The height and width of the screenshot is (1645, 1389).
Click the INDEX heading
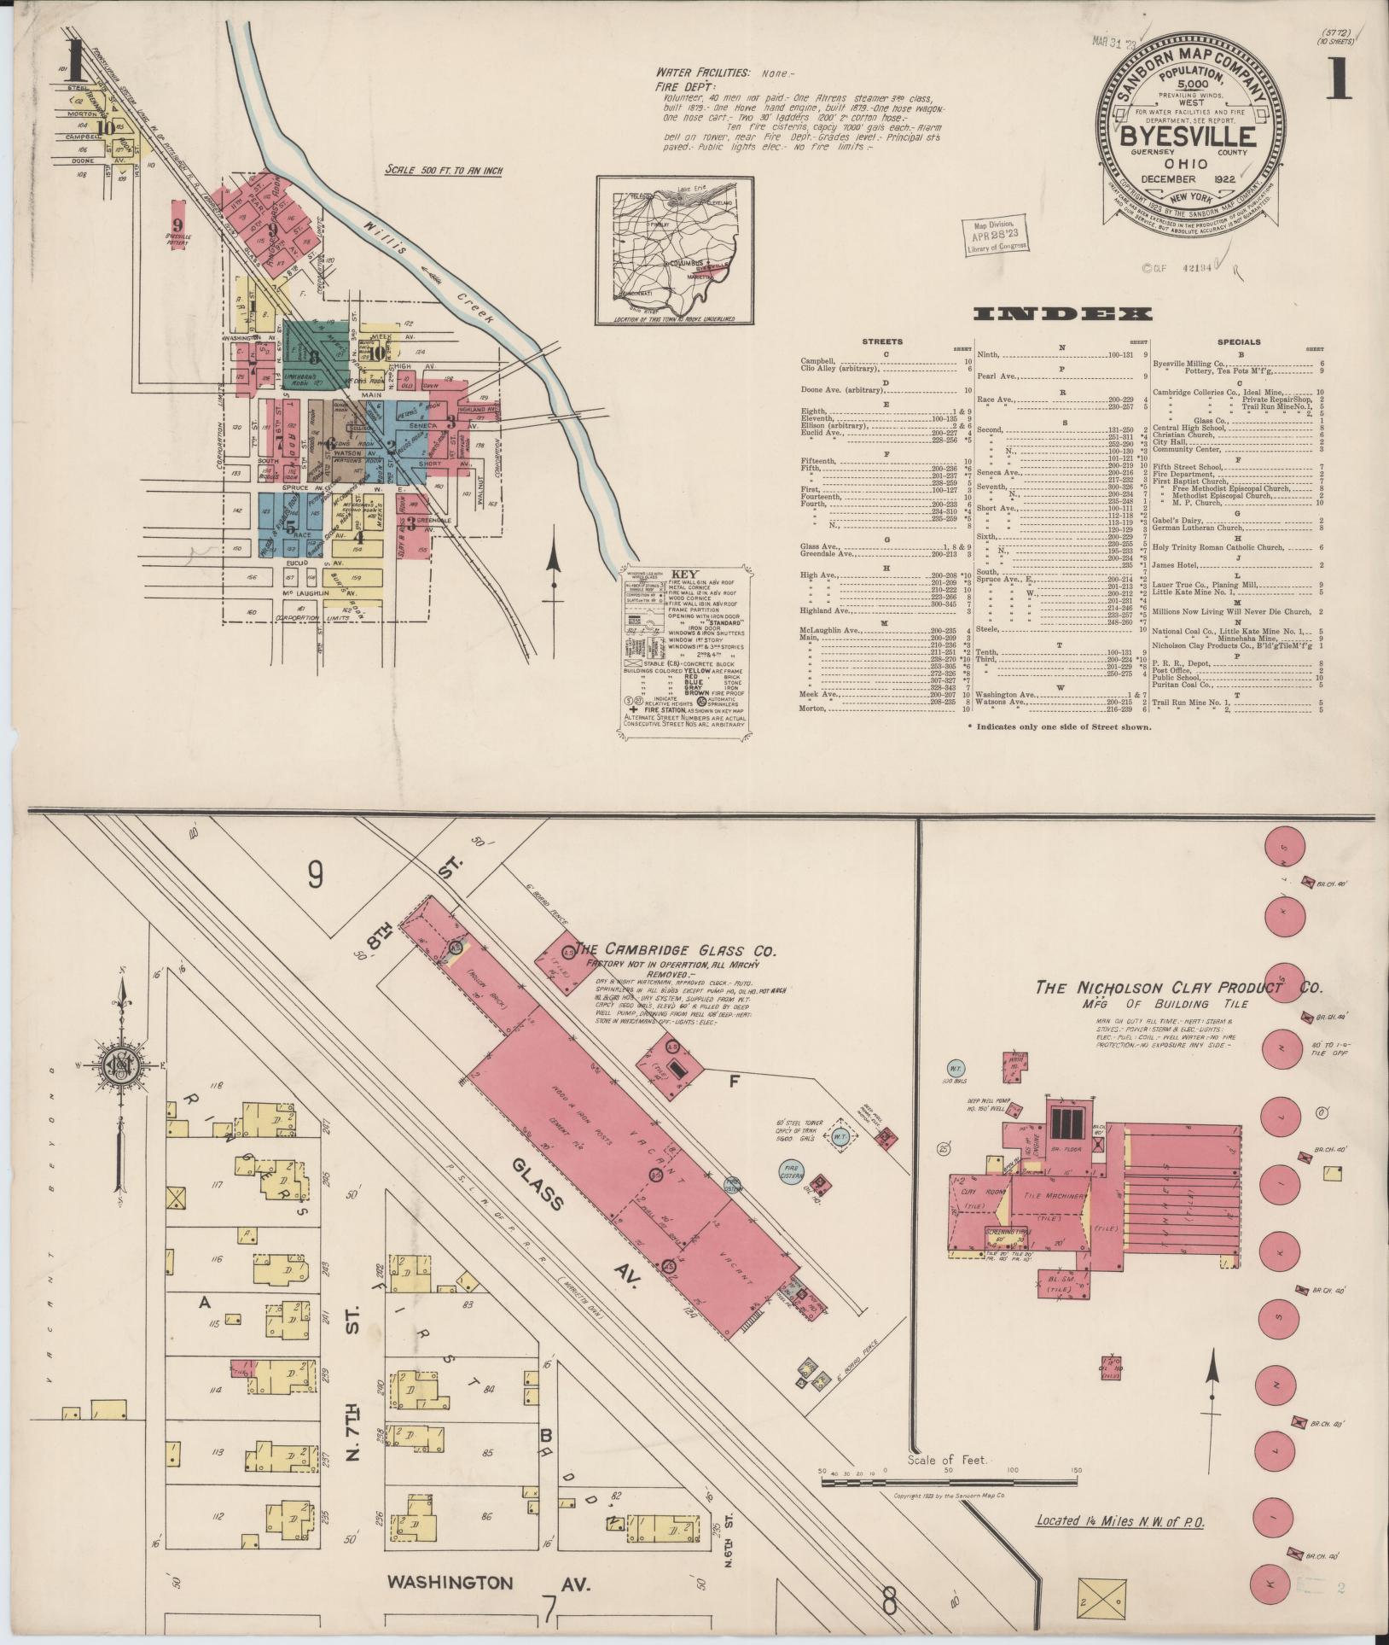pyautogui.click(x=1062, y=314)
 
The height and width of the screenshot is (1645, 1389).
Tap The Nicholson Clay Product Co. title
pyautogui.click(x=1178, y=987)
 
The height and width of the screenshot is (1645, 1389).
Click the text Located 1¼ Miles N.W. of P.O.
pyautogui.click(x=1119, y=1520)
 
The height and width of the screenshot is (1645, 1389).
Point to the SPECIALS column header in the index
pyautogui.click(x=1239, y=341)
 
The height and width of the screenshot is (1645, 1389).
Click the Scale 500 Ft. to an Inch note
pyautogui.click(x=444, y=171)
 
